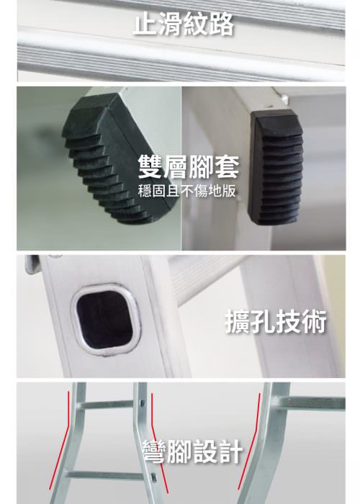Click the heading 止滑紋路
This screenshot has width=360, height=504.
pyautogui.click(x=183, y=24)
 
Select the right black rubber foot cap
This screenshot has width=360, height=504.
pyautogui.click(x=276, y=167)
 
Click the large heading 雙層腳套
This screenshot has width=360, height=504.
pyautogui.click(x=189, y=166)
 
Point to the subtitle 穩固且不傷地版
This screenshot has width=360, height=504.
pyautogui.click(x=186, y=191)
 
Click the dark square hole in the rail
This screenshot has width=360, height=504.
pyautogui.click(x=104, y=320)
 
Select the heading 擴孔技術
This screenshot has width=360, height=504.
pyautogui.click(x=276, y=321)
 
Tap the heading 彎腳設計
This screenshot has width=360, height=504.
pyautogui.click(x=192, y=451)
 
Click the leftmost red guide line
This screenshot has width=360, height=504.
pyautogui.click(x=60, y=441)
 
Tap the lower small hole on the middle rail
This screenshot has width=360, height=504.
pyautogui.click(x=153, y=477)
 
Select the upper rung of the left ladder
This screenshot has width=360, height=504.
pyautogui.click(x=108, y=405)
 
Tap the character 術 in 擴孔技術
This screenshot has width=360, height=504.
pyautogui.click(x=313, y=321)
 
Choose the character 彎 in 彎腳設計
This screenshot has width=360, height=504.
pyautogui.click(x=155, y=451)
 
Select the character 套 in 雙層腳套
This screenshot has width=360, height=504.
pyautogui.click(x=227, y=166)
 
